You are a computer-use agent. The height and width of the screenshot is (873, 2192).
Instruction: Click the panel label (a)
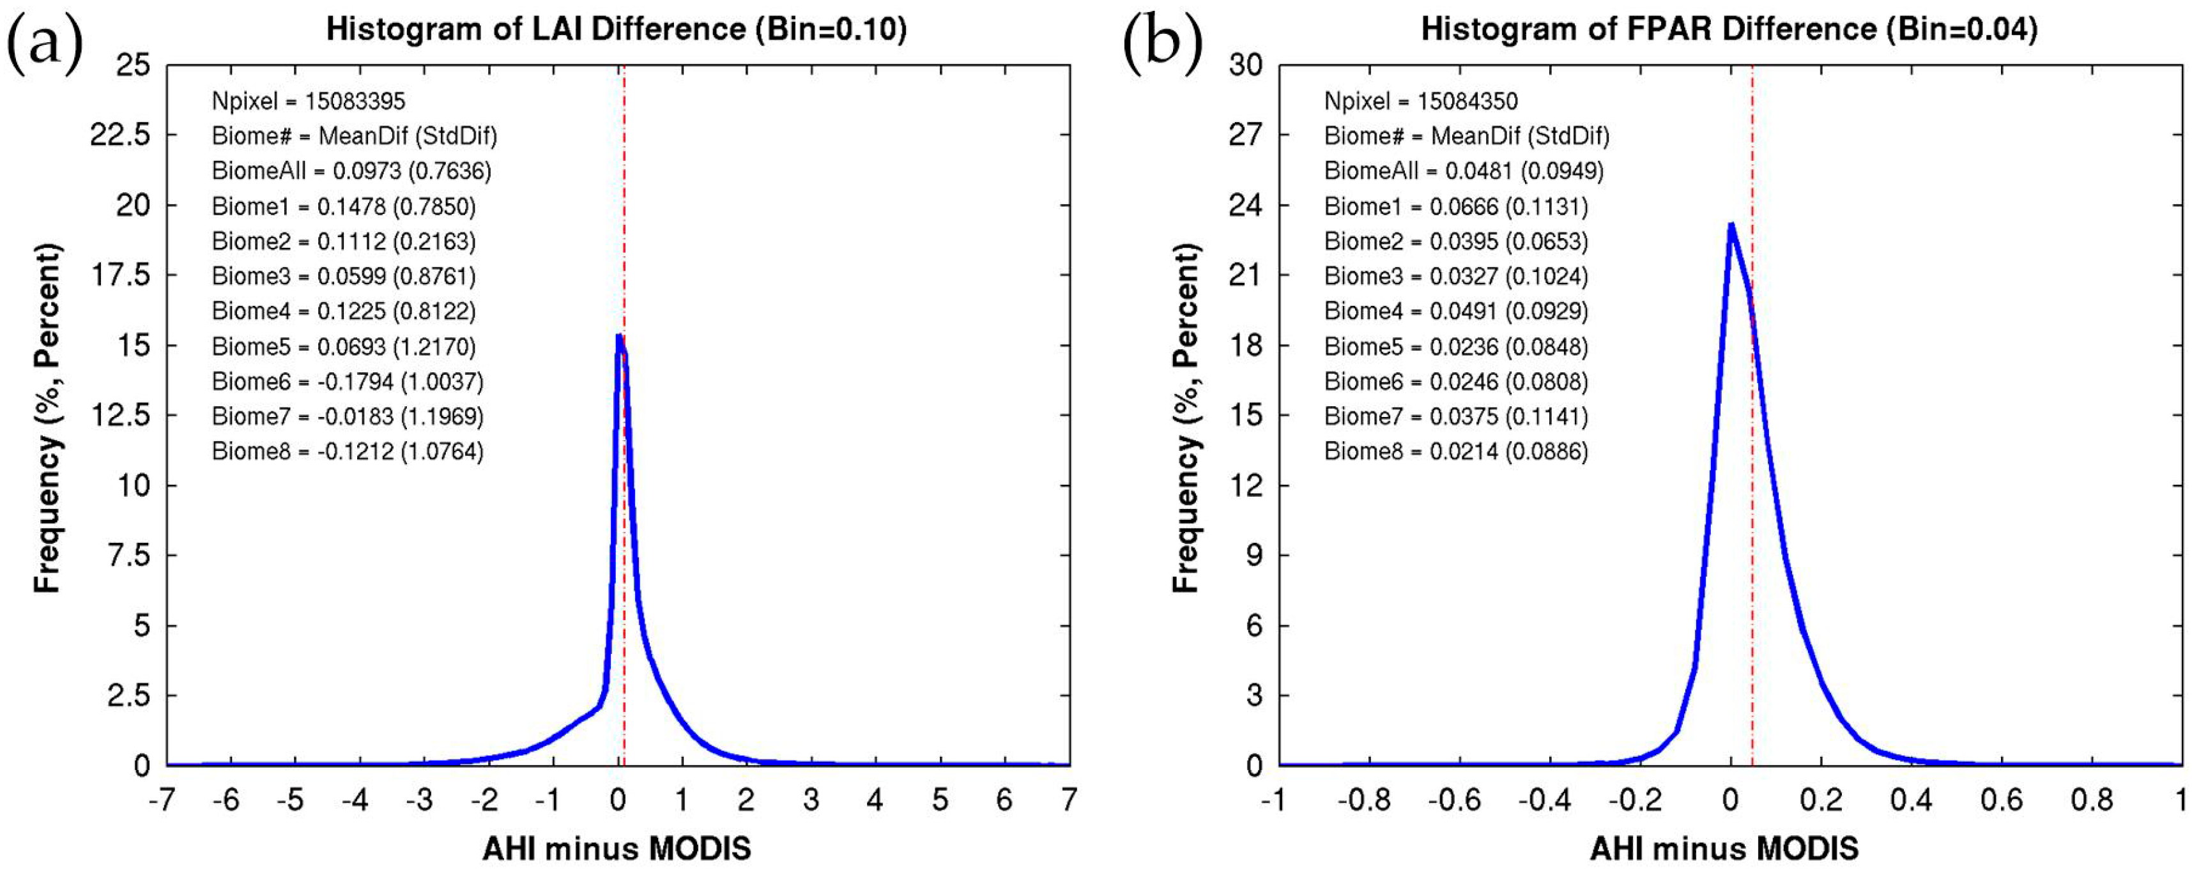[x=44, y=43]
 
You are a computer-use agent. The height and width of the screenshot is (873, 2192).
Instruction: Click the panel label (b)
[x=1162, y=43]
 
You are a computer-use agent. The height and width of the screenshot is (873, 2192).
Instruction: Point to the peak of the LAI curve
[x=618, y=336]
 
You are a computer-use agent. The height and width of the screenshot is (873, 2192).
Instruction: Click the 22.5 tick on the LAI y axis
[x=121, y=135]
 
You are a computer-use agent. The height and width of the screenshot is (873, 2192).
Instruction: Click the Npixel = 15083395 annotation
[x=308, y=102]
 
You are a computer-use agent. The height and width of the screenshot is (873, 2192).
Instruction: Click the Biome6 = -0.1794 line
[x=347, y=381]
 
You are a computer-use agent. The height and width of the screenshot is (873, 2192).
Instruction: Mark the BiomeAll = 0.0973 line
[x=351, y=171]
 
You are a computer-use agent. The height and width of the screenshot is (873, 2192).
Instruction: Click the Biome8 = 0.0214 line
[x=1456, y=451]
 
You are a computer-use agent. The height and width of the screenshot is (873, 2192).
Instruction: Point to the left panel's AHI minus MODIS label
[x=617, y=848]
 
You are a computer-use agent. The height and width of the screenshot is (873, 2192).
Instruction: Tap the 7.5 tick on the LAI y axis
[x=128, y=556]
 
